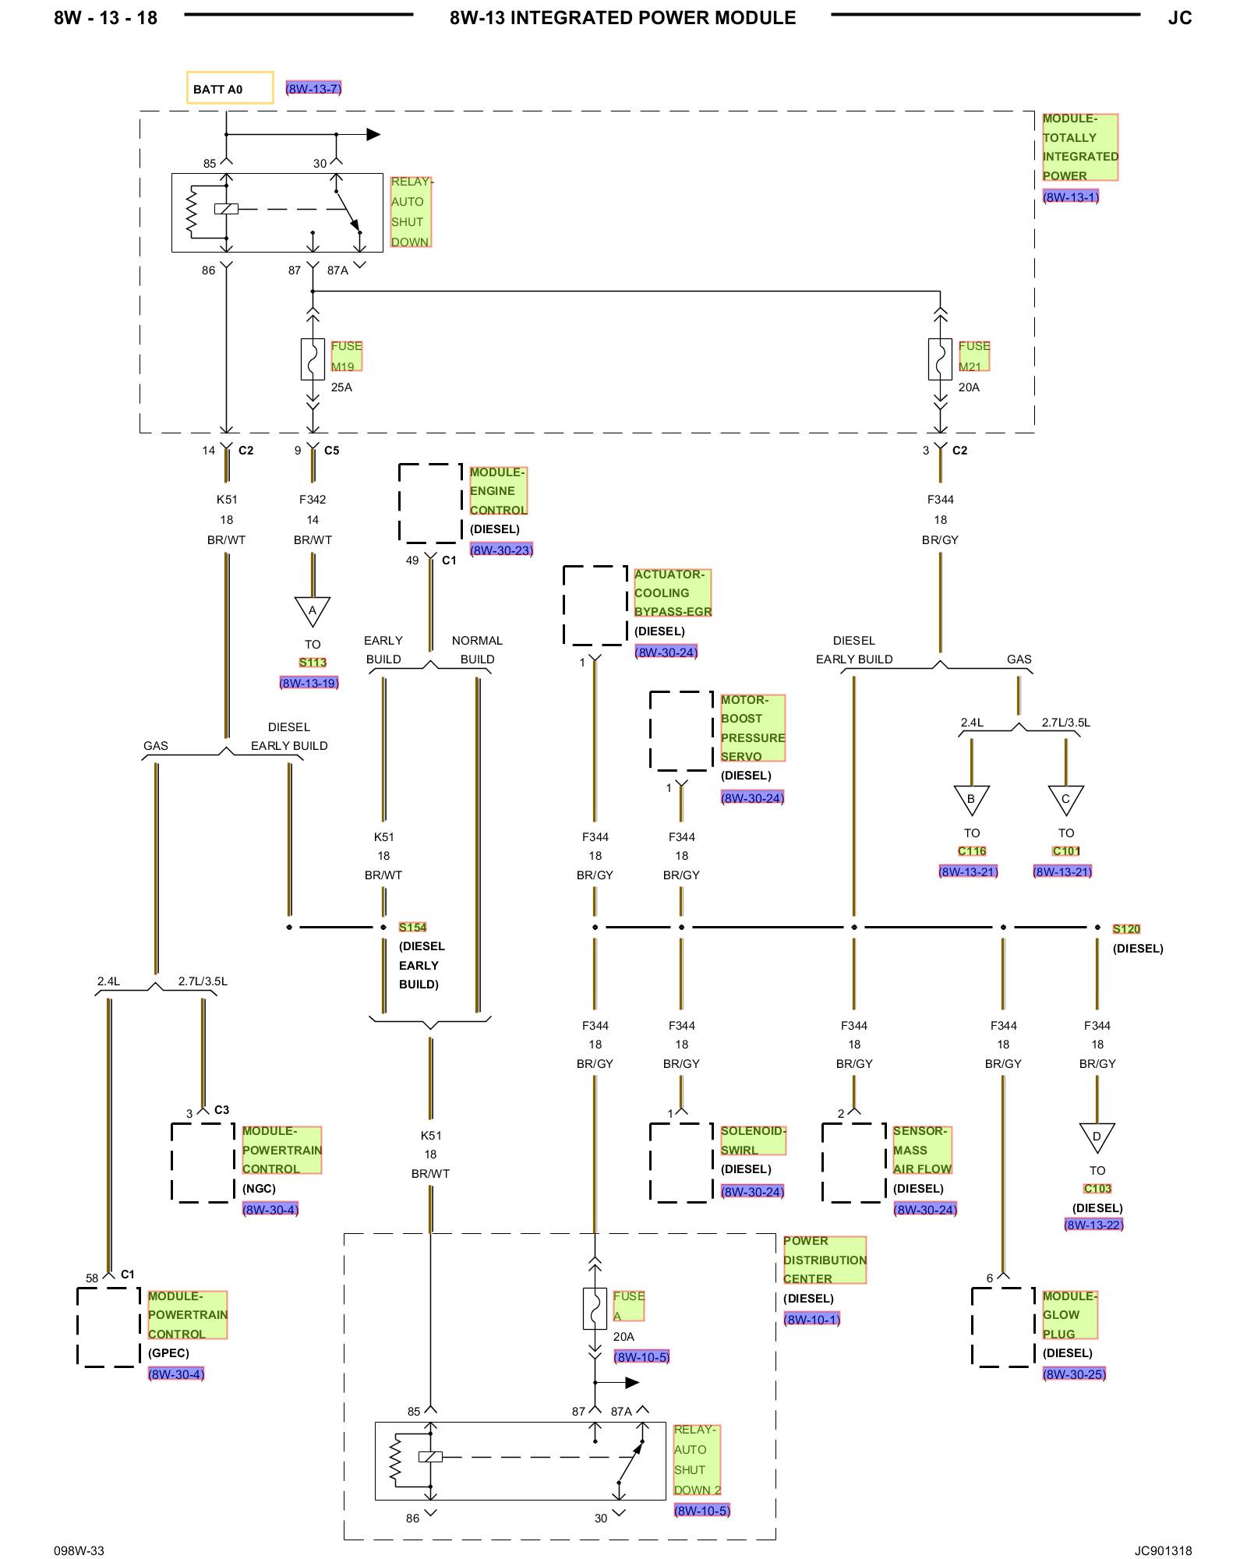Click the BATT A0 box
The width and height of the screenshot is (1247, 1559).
pyautogui.click(x=230, y=87)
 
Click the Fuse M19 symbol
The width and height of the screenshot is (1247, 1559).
pyautogui.click(x=313, y=359)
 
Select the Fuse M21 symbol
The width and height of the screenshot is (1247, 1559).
pyautogui.click(x=940, y=359)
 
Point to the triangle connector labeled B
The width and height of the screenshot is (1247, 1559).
pyautogui.click(x=971, y=800)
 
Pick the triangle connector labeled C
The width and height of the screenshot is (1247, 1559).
pyautogui.click(x=1065, y=800)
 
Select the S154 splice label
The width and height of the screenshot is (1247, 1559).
pyautogui.click(x=412, y=927)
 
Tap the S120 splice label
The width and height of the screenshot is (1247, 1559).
pyautogui.click(x=1126, y=928)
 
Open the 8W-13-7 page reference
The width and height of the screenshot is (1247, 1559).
pyautogui.click(x=313, y=88)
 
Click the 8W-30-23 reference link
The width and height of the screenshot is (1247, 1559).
pyautogui.click(x=501, y=550)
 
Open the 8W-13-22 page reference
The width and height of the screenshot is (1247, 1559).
pyautogui.click(x=1093, y=1225)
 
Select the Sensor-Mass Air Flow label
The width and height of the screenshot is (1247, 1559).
pyautogui.click(x=923, y=1150)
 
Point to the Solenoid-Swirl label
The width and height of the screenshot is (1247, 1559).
pyautogui.click(x=754, y=1140)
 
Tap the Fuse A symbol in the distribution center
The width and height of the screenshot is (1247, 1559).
pyautogui.click(x=595, y=1309)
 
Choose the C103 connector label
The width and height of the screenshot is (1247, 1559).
pyautogui.click(x=1097, y=1189)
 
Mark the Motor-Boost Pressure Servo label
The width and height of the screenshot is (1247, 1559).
pyautogui.click(x=753, y=728)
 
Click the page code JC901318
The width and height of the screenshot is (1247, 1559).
pyautogui.click(x=1163, y=1550)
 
